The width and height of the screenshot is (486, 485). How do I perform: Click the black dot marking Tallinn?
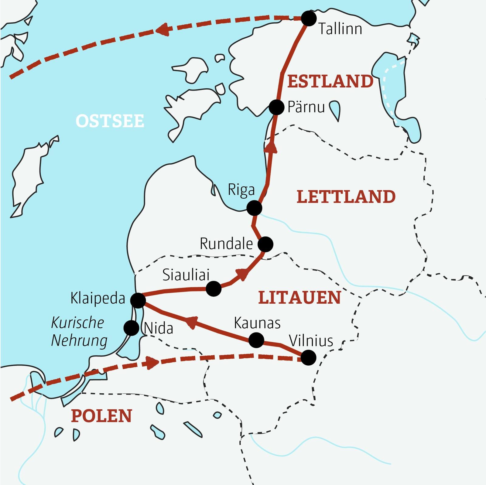tap(308, 19)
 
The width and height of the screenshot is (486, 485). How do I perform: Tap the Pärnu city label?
tap(306, 107)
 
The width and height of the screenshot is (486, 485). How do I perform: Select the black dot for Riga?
tap(254, 208)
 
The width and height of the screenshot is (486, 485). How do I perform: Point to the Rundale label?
tap(226, 244)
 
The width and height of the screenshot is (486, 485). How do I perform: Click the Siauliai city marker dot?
tap(214, 289)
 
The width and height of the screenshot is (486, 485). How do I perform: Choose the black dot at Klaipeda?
tap(138, 300)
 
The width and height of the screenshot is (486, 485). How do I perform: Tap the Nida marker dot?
tap(132, 328)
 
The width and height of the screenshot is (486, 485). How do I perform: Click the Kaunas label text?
tap(257, 323)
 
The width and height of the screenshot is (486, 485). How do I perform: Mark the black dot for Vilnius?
tap(308, 357)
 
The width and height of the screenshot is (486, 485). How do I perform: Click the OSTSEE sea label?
tap(110, 121)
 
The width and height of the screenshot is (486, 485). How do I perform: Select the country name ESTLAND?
tap(330, 81)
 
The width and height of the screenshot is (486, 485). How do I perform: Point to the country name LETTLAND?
tap(346, 197)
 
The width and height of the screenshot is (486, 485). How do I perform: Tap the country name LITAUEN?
tap(299, 298)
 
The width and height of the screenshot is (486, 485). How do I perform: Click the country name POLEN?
tap(101, 416)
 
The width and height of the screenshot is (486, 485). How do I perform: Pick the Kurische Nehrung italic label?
tap(79, 332)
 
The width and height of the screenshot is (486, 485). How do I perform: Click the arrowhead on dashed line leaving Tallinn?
tap(163, 30)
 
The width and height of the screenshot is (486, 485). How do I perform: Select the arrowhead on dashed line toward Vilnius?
tap(152, 363)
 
